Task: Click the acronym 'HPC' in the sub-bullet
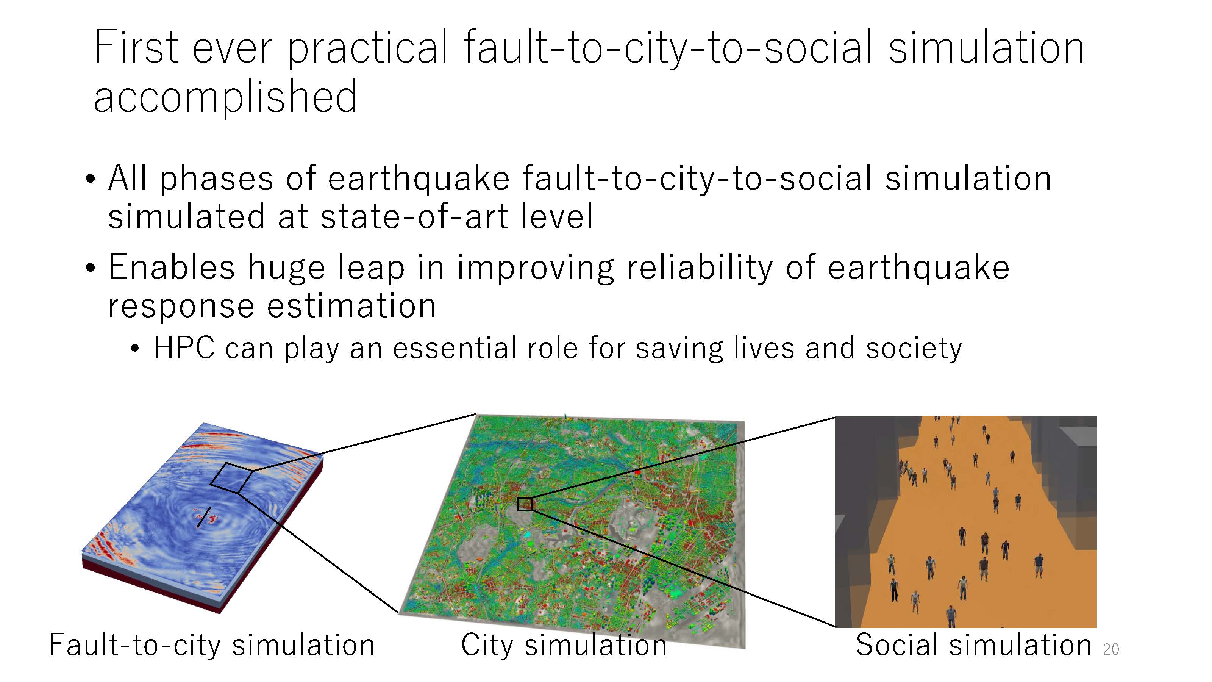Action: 184,348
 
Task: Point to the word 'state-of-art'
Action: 414,216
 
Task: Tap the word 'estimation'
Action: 352,305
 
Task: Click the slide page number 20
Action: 1110,649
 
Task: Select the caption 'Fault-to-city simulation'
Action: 212,645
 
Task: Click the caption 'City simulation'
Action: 564,645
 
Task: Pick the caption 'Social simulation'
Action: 973,645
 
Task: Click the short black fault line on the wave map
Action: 203,516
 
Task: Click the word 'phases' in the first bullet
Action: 216,179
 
